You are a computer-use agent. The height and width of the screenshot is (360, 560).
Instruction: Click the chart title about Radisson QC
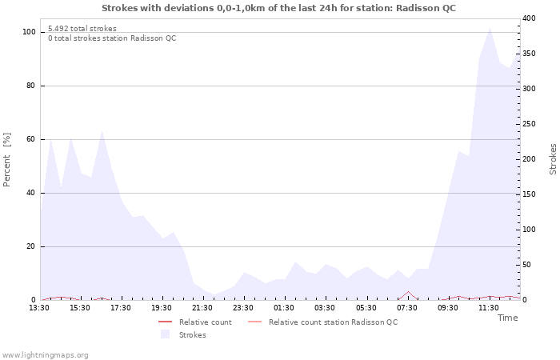click(278, 8)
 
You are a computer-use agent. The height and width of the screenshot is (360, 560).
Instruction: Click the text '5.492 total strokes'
click(82, 29)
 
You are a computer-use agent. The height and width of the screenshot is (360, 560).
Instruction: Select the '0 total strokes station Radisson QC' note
click(112, 38)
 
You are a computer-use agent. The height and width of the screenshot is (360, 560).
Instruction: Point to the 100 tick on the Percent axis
click(29, 32)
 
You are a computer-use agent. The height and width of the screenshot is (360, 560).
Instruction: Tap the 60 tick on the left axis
click(30, 139)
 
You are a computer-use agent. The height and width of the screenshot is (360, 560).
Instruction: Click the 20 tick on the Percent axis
click(30, 246)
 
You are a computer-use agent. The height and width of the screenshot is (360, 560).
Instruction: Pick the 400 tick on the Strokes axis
click(530, 18)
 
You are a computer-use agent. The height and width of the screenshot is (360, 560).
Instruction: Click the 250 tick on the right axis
click(530, 124)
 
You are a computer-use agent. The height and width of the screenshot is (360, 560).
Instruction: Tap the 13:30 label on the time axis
click(39, 308)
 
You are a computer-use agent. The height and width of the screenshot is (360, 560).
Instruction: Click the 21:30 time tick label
click(202, 308)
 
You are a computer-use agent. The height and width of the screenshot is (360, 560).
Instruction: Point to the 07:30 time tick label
click(406, 308)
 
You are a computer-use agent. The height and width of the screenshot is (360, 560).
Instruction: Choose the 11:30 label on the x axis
click(488, 308)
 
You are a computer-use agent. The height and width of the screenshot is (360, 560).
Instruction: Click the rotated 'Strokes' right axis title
click(553, 159)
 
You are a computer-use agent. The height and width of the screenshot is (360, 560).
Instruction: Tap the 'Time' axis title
click(507, 318)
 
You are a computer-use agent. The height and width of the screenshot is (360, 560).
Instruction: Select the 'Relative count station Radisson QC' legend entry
click(333, 322)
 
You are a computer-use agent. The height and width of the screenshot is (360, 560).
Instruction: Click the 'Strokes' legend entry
click(192, 335)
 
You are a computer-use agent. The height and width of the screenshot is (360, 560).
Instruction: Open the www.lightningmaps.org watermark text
click(46, 355)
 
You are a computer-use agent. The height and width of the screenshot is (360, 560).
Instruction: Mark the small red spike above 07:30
click(408, 292)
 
